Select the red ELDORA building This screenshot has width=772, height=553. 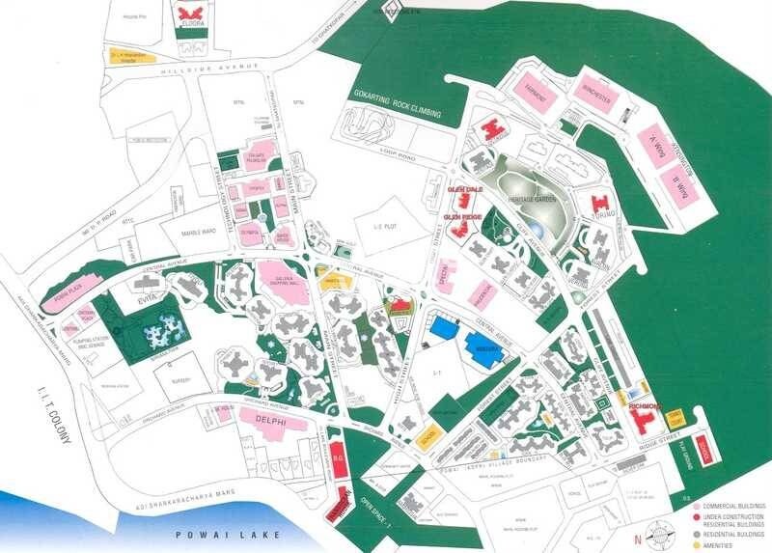point(189,16)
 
